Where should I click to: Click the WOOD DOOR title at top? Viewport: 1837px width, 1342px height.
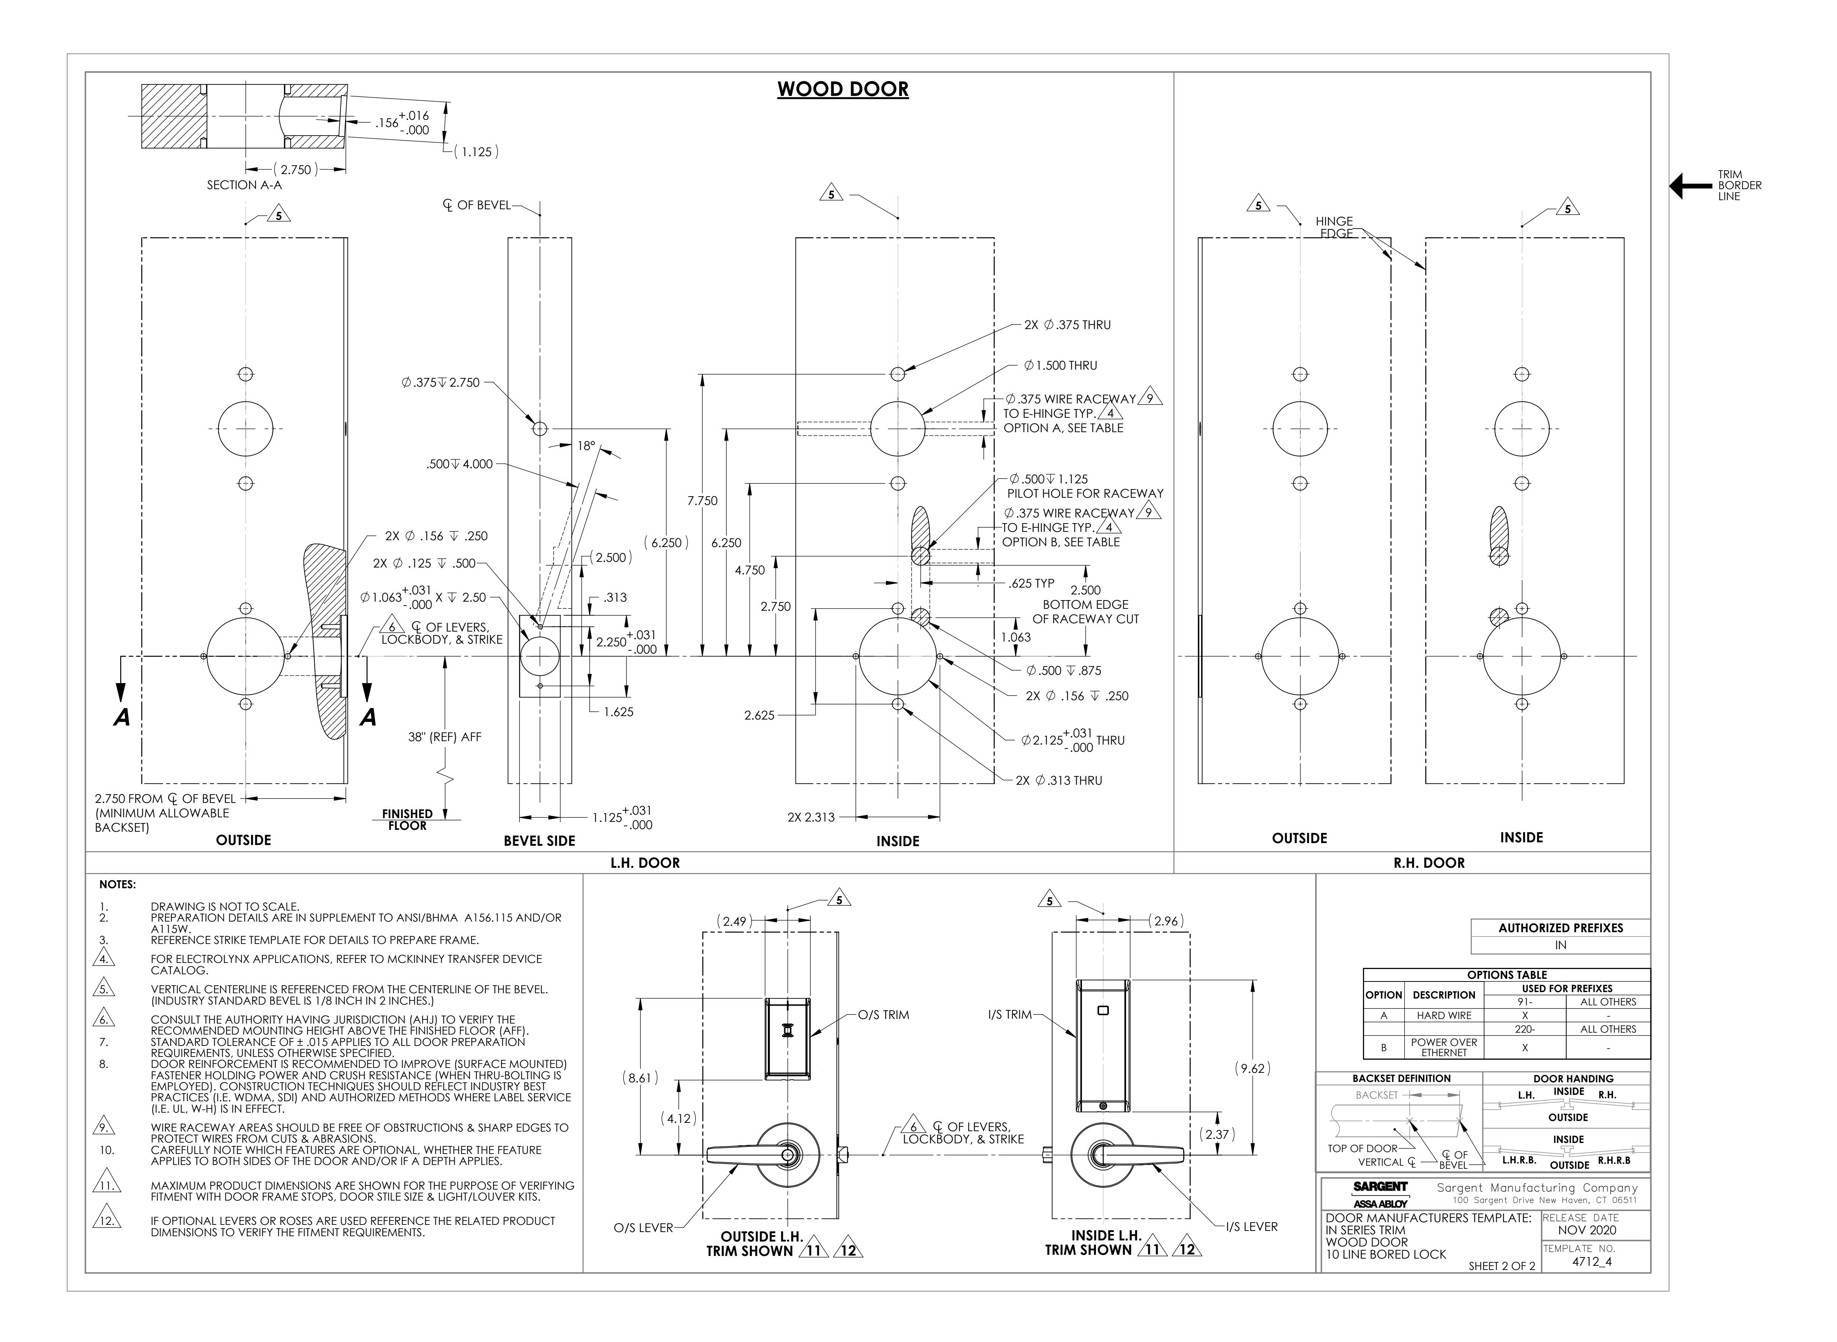843,89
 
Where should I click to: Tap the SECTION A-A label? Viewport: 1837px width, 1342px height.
244,185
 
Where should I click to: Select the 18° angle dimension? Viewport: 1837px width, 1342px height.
586,446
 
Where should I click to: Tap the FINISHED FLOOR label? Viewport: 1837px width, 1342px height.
407,820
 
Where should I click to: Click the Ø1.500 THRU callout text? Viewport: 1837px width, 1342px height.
1060,365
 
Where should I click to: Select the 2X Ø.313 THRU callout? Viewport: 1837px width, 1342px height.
1059,781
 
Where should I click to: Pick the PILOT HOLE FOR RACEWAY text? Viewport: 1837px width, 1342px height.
1085,494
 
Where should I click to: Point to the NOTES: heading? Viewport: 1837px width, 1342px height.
118,885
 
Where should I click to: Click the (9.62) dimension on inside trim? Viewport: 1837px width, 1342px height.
1252,1069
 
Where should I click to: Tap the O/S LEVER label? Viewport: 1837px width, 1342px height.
644,1228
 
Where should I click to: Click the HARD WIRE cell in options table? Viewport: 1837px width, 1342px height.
1444,1016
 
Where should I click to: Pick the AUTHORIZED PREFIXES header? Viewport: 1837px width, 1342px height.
1561,928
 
